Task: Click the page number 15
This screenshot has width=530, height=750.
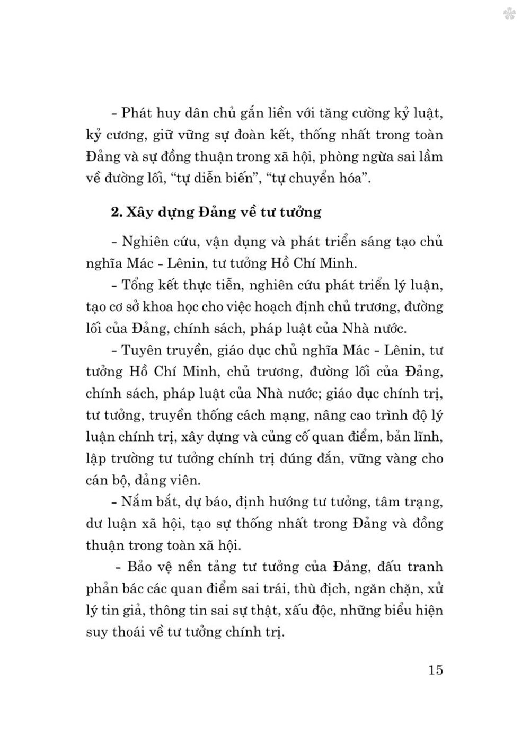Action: pos(436,669)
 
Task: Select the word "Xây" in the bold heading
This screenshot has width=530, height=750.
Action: pos(139,213)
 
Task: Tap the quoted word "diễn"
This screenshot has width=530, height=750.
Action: pos(213,178)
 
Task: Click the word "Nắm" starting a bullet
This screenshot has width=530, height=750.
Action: pos(137,501)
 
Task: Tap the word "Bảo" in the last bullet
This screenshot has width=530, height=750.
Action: pos(143,567)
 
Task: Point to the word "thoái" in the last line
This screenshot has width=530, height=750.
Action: pos(135,632)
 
